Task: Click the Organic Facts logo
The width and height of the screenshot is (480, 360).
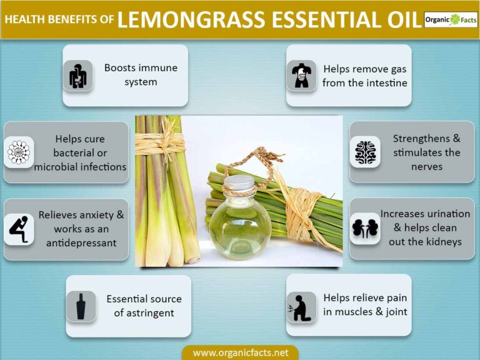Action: [450, 19]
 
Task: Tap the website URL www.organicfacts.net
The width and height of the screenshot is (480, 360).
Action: [240, 352]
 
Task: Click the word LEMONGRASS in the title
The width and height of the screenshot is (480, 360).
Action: [195, 19]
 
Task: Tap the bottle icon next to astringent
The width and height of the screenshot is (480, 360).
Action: [81, 306]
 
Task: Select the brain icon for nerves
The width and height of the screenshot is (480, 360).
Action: [364, 152]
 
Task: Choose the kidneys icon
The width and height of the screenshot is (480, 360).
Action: [364, 229]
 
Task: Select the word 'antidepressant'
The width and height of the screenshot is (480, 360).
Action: [81, 242]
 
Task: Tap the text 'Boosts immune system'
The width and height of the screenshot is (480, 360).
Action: [141, 74]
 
